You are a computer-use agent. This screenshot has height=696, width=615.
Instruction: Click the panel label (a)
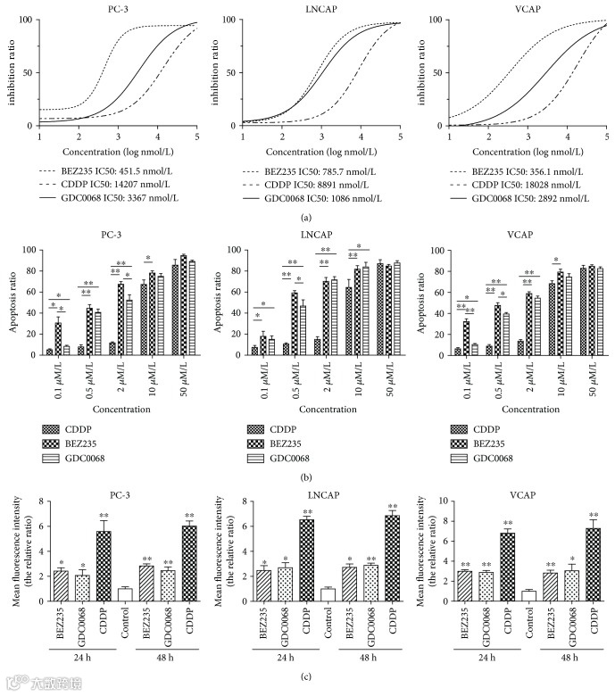306,215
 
